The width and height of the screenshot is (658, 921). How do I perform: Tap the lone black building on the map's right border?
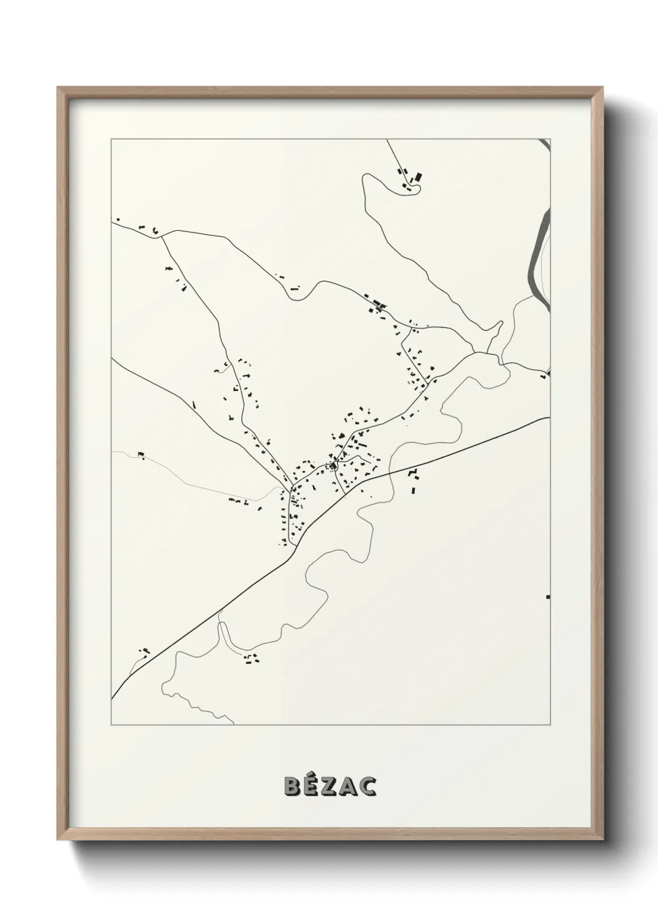tap(547, 597)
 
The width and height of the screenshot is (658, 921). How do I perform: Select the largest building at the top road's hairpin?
tap(418, 177)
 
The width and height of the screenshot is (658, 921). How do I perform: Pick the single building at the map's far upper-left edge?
tap(118, 220)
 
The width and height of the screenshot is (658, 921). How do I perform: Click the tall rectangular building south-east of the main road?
tap(412, 490)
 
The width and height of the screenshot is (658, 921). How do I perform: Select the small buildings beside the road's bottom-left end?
tap(145, 652)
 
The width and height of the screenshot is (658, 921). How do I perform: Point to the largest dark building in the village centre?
tap(334, 464)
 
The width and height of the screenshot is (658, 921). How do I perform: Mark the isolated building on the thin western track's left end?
tap(141, 454)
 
